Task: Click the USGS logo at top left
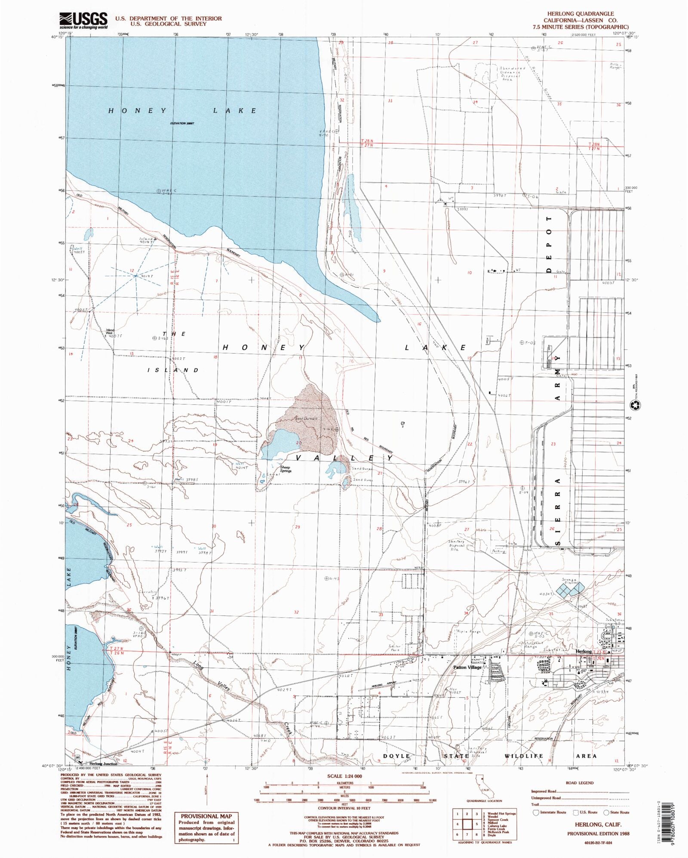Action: click(x=83, y=20)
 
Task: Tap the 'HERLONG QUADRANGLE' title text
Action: click(x=580, y=14)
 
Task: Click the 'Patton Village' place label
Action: click(x=467, y=667)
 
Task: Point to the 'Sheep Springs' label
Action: click(x=286, y=469)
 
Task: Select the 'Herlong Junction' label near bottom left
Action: click(x=103, y=764)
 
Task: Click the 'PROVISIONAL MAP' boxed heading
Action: click(x=206, y=816)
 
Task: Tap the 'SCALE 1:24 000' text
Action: click(x=344, y=776)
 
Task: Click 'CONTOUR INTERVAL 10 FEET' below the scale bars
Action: click(x=344, y=808)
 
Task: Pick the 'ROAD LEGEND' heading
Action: click(x=580, y=783)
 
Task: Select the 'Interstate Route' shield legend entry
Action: click(x=550, y=812)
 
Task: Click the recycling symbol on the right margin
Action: click(x=635, y=405)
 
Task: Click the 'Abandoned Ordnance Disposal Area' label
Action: click(x=512, y=74)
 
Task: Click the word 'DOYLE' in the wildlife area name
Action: click(x=396, y=756)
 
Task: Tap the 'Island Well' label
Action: click(x=110, y=332)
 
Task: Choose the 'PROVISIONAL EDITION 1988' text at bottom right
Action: click(x=598, y=833)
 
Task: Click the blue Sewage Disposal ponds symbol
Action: click(x=570, y=589)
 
